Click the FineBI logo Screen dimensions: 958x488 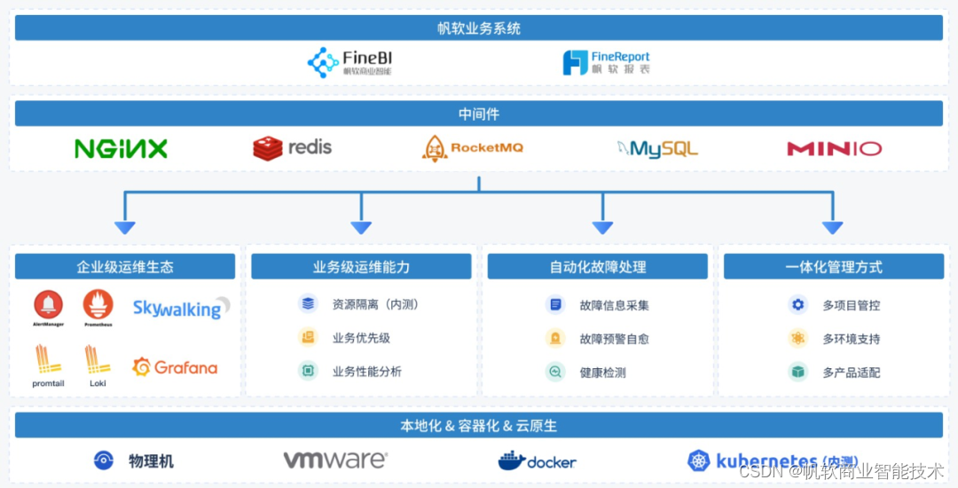[349, 62]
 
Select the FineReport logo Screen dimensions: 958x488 [606, 62]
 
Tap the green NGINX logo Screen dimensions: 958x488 [121, 148]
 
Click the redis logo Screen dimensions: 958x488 [292, 147]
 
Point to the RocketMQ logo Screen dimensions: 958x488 [472, 148]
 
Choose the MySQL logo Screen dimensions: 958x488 [657, 148]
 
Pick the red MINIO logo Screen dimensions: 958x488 [834, 148]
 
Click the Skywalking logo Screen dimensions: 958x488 [181, 308]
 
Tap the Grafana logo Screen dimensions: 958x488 [175, 366]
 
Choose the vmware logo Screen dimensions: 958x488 [334, 460]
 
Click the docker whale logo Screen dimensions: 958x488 [537, 460]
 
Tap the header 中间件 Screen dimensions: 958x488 [478, 114]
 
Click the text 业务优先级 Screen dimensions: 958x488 [361, 338]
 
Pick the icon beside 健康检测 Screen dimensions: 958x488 [555, 372]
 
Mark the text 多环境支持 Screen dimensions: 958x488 [851, 338]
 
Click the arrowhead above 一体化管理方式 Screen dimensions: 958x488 [832, 227]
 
